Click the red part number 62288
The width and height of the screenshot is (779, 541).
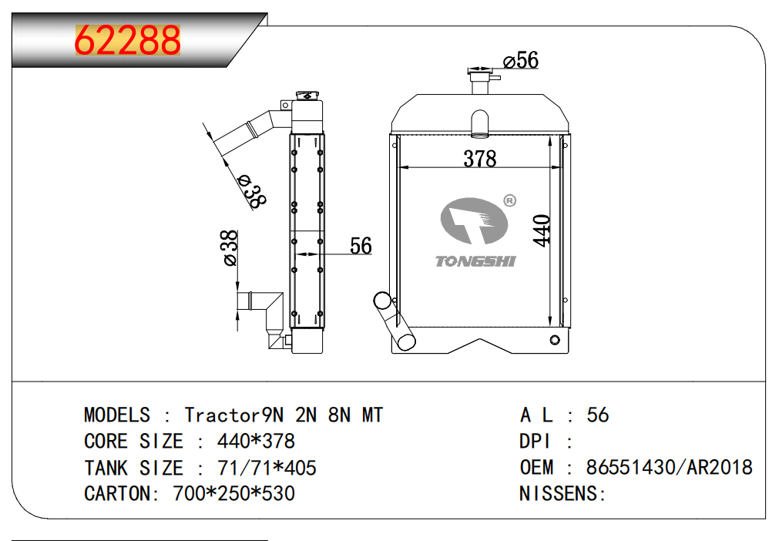coord(128,40)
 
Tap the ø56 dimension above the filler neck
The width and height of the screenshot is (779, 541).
coord(521,60)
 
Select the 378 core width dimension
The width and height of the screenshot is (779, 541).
coord(480,159)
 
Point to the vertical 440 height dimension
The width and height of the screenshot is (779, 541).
coord(542,230)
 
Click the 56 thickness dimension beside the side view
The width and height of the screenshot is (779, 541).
coord(361,246)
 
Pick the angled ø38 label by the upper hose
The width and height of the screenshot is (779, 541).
coord(251,191)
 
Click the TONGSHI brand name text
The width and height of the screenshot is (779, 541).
coord(475,261)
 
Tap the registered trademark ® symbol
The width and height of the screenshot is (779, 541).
coord(510,200)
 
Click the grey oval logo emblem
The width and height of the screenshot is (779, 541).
coord(474,221)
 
